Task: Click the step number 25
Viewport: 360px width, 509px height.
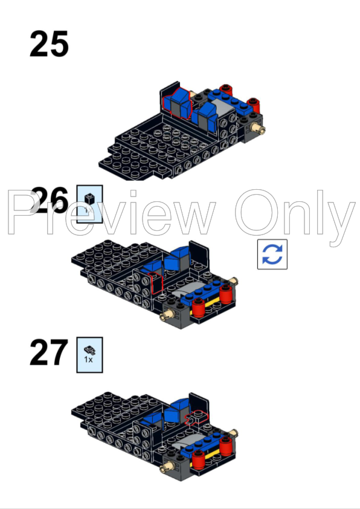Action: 48,44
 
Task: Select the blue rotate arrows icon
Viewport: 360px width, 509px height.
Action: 272,253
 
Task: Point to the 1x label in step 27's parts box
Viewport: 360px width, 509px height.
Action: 89,359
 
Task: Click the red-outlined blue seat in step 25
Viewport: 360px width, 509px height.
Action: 178,102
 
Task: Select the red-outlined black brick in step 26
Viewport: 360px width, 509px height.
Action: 156,283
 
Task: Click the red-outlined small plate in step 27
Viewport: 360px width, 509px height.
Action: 197,418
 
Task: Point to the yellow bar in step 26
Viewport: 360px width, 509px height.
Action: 211,303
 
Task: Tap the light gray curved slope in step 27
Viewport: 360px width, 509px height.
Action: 187,446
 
